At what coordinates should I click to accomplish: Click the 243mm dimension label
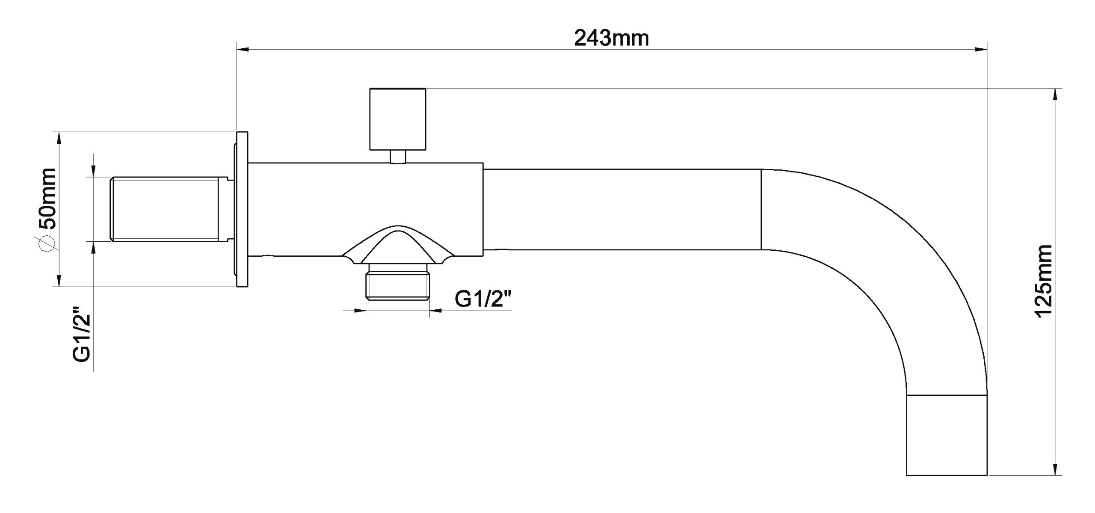pos(611,39)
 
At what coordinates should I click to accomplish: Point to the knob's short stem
pos(398,156)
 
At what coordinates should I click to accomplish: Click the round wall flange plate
pos(242,209)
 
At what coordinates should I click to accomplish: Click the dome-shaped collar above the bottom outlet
pos(398,248)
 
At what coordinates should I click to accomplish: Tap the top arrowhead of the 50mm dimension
pos(59,138)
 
